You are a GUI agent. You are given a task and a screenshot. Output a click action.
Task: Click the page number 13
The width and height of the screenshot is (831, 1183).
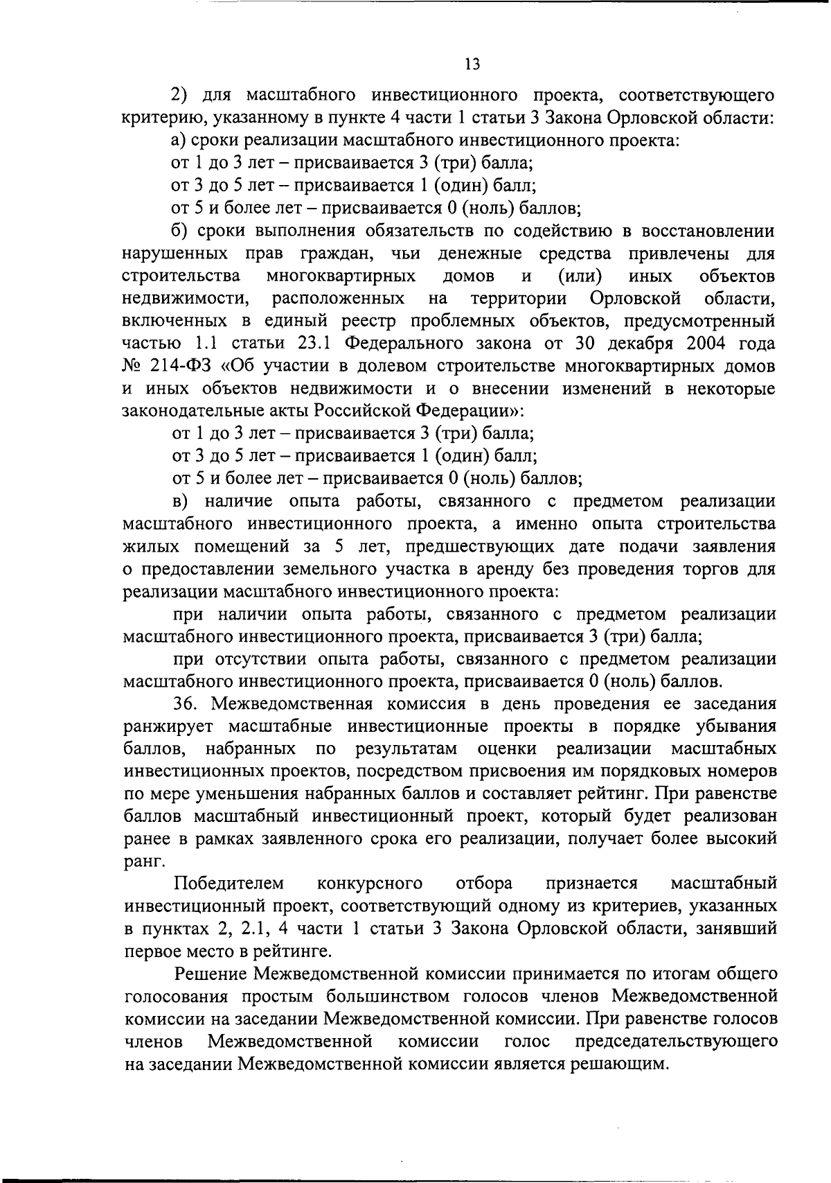[x=472, y=64]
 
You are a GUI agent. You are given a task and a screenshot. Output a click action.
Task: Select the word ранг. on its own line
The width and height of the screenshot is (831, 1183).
[x=144, y=861]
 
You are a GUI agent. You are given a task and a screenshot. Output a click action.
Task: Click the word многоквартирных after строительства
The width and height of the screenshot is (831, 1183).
[x=341, y=277]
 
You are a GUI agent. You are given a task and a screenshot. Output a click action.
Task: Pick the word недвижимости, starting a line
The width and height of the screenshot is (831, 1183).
[x=185, y=299]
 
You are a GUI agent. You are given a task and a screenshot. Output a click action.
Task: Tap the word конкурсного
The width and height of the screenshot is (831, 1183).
[x=370, y=884]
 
